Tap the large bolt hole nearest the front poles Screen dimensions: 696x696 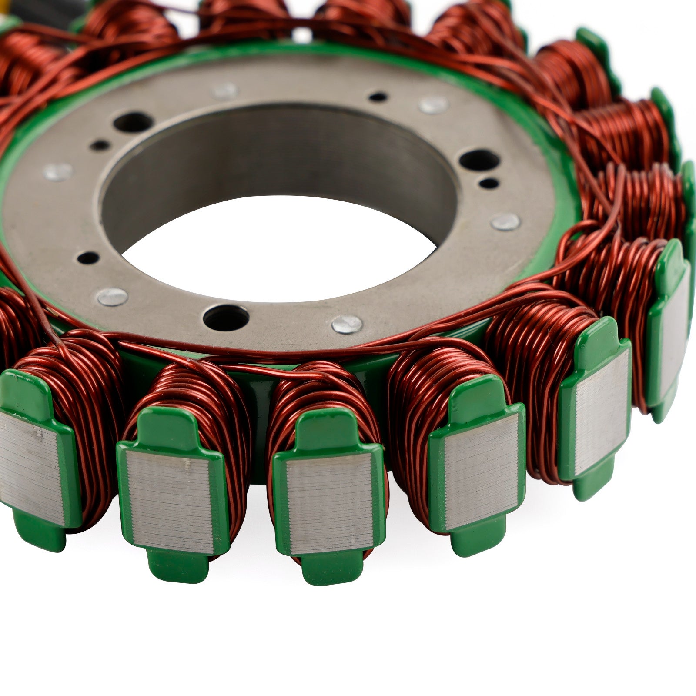[226, 317]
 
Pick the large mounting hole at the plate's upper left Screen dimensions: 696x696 [132, 123]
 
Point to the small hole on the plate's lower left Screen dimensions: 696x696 [89, 258]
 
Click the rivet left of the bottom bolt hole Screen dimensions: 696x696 [112, 297]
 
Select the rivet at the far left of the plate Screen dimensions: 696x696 [58, 172]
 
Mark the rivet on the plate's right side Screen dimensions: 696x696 [506, 222]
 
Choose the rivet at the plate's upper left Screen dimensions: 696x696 [225, 91]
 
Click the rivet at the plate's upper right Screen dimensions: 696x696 [433, 105]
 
